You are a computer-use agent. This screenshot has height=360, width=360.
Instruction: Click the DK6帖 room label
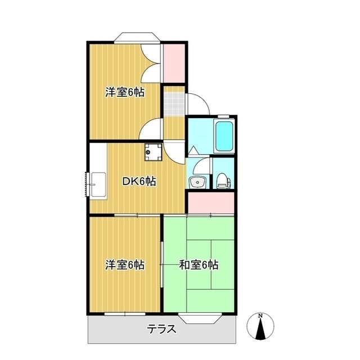139,182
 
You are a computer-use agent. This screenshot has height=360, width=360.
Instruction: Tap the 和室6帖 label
199,264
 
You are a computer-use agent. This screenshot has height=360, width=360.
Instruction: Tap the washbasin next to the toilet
196,181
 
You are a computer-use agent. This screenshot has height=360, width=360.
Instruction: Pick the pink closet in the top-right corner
174,62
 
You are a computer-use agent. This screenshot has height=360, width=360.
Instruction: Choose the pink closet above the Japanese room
211,202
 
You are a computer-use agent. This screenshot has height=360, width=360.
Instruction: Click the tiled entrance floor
174,101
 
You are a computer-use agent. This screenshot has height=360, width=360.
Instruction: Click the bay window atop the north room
137,38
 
